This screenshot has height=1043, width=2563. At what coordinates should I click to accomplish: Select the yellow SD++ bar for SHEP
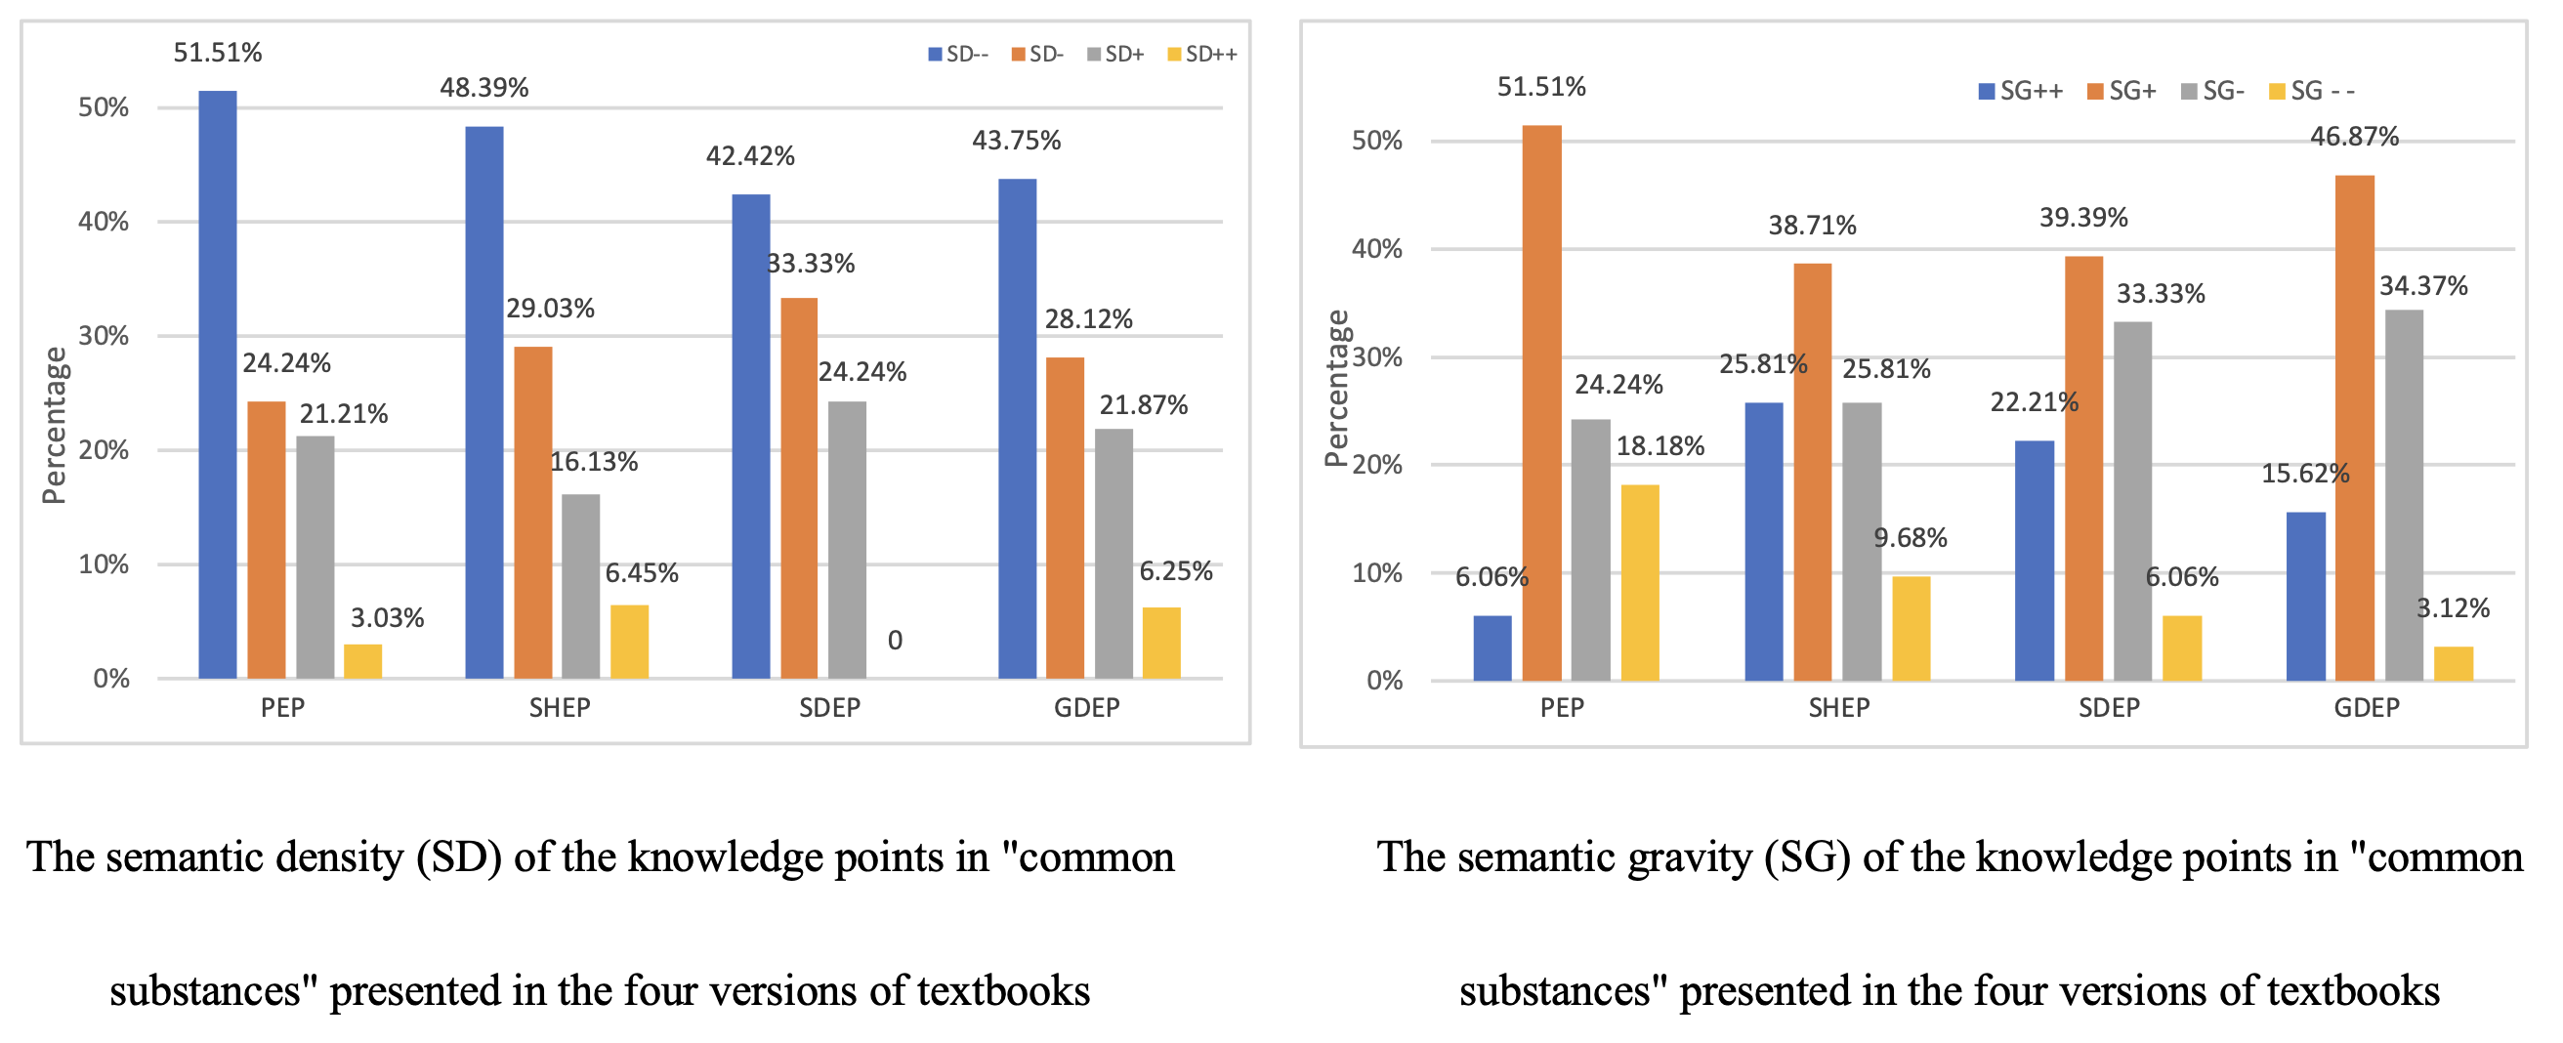tap(629, 642)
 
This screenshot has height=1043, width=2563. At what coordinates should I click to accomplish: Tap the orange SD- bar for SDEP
tap(799, 487)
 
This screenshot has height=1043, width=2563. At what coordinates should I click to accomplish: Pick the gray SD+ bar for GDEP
tap(1113, 554)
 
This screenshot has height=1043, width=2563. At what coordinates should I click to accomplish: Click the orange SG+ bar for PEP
tap(1541, 403)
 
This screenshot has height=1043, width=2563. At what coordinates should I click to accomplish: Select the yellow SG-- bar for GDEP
tap(2453, 664)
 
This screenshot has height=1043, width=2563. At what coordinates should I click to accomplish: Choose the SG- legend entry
tap(2212, 92)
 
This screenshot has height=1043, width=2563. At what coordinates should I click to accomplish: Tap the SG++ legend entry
tap(2021, 92)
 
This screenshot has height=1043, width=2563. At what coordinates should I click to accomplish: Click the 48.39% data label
tap(484, 88)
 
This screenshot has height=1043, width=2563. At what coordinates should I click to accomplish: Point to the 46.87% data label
tap(2354, 137)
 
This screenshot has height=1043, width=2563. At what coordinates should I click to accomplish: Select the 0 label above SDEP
tap(895, 641)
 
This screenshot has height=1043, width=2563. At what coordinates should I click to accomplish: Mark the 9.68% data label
tap(1911, 538)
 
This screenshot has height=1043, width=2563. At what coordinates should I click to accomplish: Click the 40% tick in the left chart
tap(104, 222)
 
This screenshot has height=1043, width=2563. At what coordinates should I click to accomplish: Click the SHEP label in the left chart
tap(559, 708)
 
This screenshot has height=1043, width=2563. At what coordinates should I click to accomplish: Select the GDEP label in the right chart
tap(2366, 708)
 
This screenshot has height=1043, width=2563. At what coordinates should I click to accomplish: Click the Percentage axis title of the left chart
tap(54, 425)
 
